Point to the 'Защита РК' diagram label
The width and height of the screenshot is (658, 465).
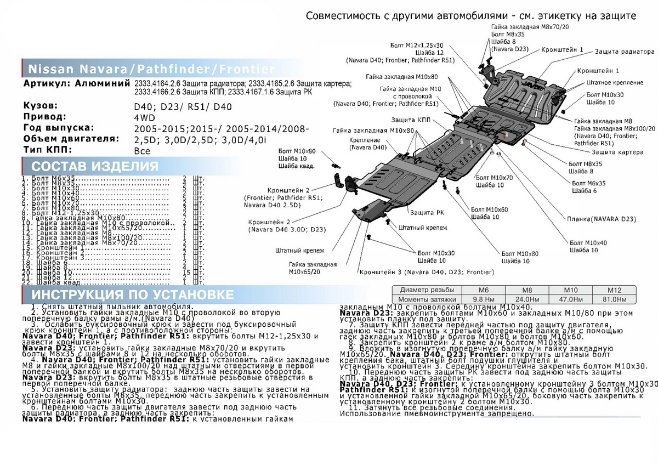pyautogui.click(x=422, y=212)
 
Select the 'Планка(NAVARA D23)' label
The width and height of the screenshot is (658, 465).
pyautogui.click(x=602, y=219)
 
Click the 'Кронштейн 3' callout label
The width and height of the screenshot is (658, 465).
pyautogui.click(x=426, y=272)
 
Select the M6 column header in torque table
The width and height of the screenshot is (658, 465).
pyautogui.click(x=485, y=290)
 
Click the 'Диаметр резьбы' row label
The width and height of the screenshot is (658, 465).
pyautogui.click(x=427, y=290)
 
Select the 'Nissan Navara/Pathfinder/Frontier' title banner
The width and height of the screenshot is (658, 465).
pyautogui.click(x=150, y=69)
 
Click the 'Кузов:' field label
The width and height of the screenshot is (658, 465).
pyautogui.click(x=42, y=105)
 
